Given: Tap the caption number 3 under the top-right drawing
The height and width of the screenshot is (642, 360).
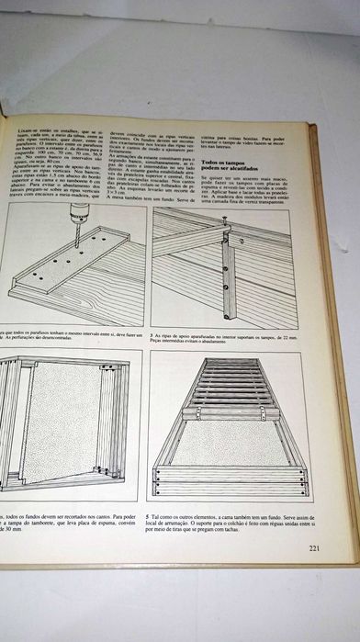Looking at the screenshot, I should click(x=153, y=337).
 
